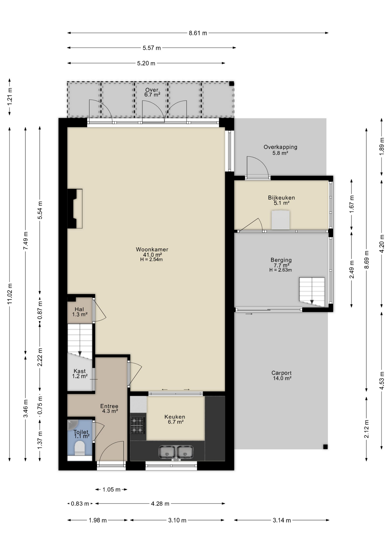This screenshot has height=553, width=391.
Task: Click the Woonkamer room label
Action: (x=152, y=249)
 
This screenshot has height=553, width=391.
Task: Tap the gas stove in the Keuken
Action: (x=138, y=425)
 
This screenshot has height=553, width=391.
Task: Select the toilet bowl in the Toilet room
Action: (x=80, y=449)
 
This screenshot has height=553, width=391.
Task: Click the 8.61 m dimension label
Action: (x=198, y=33)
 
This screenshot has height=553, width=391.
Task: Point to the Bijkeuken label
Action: (x=281, y=198)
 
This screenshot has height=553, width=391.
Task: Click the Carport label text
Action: (x=282, y=373)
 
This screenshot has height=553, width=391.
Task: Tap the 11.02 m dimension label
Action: (x=10, y=294)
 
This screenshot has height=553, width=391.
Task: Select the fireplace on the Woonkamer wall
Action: (x=75, y=209)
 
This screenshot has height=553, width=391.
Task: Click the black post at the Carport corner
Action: (x=325, y=447)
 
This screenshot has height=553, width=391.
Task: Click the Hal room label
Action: (x=79, y=309)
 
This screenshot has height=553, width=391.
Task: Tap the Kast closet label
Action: (x=79, y=371)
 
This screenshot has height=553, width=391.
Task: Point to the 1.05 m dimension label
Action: (x=111, y=490)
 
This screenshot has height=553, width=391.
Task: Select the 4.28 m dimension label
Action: (x=160, y=504)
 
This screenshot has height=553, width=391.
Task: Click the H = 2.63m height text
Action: (x=281, y=270)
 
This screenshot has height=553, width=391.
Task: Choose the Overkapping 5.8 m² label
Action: (x=280, y=150)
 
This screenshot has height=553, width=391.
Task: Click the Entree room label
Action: (x=109, y=406)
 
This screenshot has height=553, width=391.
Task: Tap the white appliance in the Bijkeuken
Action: (x=281, y=220)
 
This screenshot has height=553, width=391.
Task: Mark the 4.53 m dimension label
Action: (x=382, y=381)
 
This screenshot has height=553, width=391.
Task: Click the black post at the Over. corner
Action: (x=231, y=84)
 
